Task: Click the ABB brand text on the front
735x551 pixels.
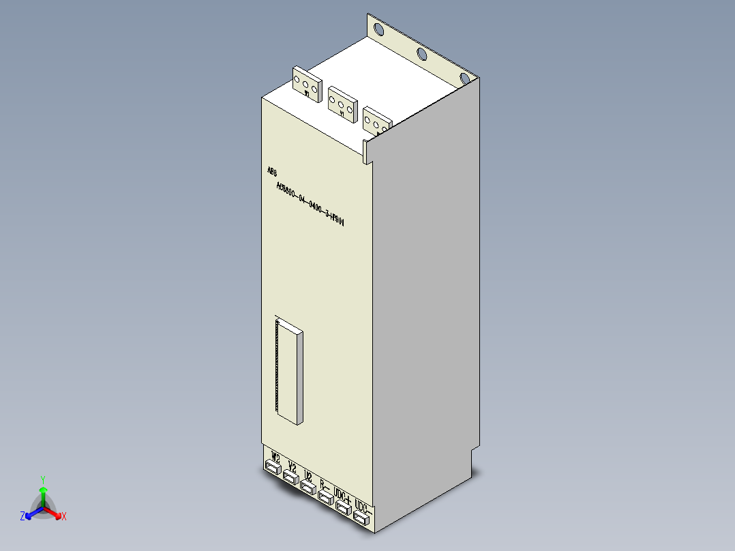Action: click(272, 171)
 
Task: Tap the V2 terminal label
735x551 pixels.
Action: click(292, 467)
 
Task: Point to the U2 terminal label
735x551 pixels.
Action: click(309, 476)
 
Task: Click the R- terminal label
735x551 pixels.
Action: click(325, 486)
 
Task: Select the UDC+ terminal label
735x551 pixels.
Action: click(344, 496)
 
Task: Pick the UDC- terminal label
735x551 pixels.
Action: click(363, 509)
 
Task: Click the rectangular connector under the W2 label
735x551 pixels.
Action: click(273, 467)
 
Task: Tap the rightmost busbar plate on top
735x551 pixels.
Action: click(376, 121)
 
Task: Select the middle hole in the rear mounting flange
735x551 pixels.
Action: click(422, 54)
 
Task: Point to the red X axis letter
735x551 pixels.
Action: click(63, 517)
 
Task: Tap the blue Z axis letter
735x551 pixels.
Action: click(22, 517)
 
